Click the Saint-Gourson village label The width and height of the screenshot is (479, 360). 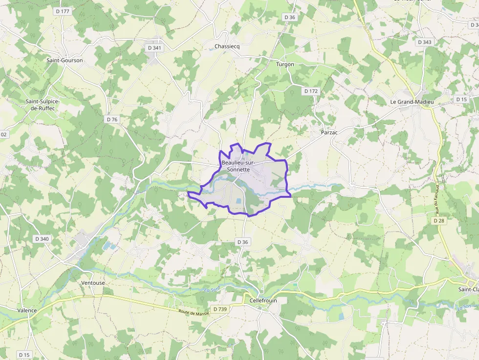pos(65,61)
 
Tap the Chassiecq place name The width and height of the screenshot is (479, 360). pos(227,47)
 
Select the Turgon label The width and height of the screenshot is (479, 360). pos(285,64)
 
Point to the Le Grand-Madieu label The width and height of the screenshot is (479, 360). pos(412,102)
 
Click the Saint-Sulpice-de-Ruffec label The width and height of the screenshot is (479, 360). pos(43,105)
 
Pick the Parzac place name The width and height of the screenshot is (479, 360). pos(329,132)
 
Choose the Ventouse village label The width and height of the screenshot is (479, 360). pos(93,283)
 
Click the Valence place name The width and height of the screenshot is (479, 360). pos(27,310)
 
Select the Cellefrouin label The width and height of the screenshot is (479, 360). pos(263,300)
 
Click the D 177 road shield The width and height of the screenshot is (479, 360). pos(63,11)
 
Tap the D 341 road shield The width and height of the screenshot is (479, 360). pos(154,48)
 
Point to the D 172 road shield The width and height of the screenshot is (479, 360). pos(311,91)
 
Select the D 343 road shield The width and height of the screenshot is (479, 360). pos(425,42)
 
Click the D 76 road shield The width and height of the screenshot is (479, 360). pos(112,119)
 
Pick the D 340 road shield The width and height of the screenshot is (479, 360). pos(42,239)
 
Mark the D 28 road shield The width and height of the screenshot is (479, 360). pos(438,221)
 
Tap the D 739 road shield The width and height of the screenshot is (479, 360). pos(220,309)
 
